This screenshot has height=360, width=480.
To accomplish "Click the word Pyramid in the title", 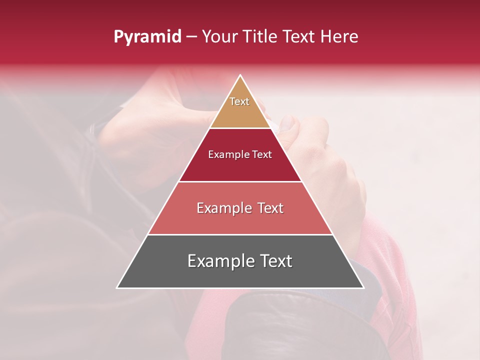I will pos(147,37).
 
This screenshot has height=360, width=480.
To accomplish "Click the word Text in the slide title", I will pos(299,37).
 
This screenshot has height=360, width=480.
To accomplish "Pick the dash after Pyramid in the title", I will pos(191,37).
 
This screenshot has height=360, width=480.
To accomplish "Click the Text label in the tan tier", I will pos(239,101).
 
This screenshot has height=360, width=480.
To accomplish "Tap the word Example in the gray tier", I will pos(217,261).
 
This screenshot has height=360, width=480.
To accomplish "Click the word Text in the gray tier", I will pos(273,261).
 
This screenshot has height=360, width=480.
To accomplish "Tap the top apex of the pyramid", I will pos(240,76).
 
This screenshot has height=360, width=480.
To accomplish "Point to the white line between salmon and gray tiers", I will pos(240,234).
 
